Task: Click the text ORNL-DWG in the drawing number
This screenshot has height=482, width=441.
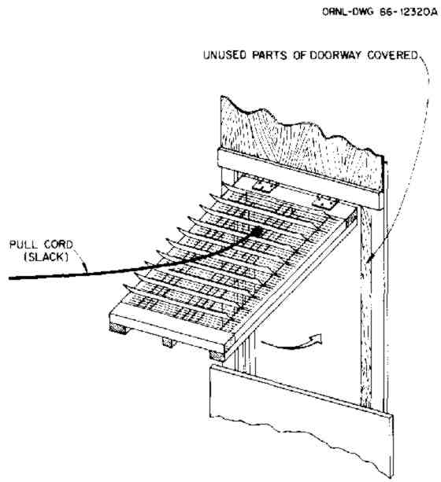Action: (x=348, y=12)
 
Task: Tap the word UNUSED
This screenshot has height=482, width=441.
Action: (x=224, y=55)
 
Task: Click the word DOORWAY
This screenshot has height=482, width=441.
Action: (x=335, y=55)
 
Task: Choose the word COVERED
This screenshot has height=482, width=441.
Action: (x=393, y=55)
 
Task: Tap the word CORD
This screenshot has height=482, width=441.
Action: (x=58, y=245)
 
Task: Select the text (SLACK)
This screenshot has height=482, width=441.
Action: (x=46, y=257)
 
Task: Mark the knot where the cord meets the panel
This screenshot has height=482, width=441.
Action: (x=258, y=231)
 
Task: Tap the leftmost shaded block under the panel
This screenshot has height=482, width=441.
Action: (x=118, y=329)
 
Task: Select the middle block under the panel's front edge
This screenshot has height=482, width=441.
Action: (x=168, y=342)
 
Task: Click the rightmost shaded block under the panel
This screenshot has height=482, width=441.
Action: (x=217, y=355)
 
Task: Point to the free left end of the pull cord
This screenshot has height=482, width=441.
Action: (x=10, y=278)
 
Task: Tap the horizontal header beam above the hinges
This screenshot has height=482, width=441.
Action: (x=301, y=179)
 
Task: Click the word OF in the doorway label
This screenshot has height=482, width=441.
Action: (x=299, y=55)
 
